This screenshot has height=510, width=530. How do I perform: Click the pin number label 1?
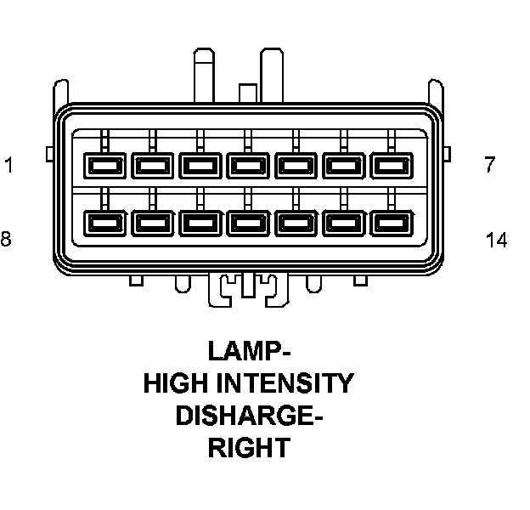click(x=8, y=165)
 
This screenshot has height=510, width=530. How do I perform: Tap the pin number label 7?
click(x=489, y=165)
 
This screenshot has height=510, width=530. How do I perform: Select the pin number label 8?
click(x=6, y=239)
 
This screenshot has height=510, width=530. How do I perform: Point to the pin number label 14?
click(x=496, y=241)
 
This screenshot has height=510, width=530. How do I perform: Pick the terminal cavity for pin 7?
click(x=391, y=162)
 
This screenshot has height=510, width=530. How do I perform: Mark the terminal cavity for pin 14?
click(x=391, y=223)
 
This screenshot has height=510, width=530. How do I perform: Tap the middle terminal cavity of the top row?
click(x=246, y=162)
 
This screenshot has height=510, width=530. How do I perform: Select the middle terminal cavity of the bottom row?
click(x=246, y=223)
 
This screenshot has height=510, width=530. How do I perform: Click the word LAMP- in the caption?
click(x=248, y=351)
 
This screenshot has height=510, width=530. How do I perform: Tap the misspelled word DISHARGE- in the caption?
click(x=248, y=416)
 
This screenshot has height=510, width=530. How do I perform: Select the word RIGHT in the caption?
click(x=248, y=448)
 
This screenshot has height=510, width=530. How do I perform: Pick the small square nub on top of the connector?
click(x=247, y=93)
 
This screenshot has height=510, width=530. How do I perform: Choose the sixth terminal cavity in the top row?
click(x=342, y=162)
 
